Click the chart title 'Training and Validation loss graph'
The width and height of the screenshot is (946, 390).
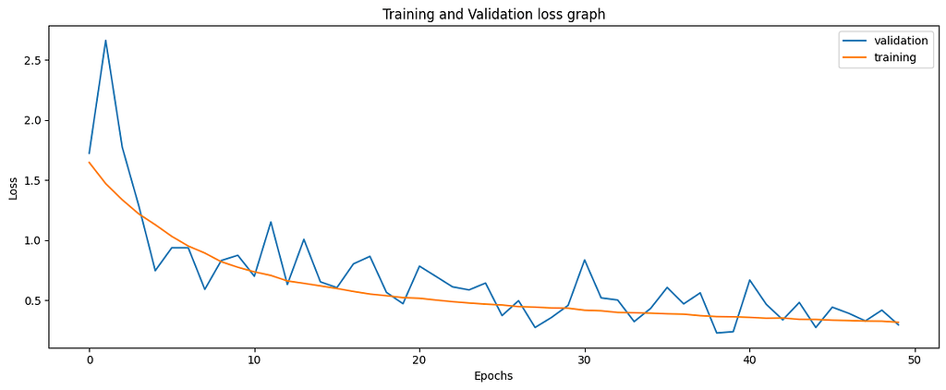[493, 14]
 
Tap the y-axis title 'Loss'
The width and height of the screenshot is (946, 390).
[13, 189]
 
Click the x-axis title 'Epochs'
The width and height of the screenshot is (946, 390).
[493, 376]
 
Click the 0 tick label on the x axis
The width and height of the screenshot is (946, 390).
[90, 359]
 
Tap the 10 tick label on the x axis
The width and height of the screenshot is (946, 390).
[254, 359]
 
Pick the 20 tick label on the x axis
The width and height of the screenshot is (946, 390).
[419, 359]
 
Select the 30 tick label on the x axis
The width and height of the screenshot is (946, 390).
[585, 359]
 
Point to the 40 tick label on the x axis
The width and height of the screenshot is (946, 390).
[749, 359]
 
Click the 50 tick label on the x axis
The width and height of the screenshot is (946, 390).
[915, 359]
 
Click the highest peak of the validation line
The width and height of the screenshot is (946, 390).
[105, 41]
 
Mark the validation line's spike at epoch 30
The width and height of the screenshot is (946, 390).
[585, 260]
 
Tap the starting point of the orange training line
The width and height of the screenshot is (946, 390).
[90, 163]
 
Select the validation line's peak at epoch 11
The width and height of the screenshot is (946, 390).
[271, 222]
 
